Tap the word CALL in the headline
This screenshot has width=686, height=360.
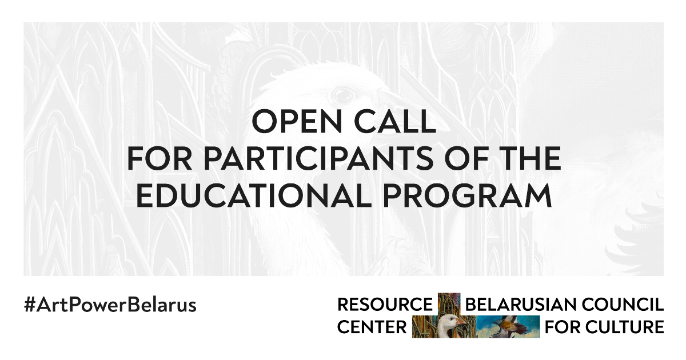click(395, 121)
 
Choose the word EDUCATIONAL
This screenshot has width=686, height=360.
click(254, 195)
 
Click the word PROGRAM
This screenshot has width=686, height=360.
click(468, 195)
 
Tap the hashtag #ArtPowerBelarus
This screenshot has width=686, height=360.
click(110, 305)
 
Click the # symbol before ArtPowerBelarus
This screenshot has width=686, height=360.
click(29, 305)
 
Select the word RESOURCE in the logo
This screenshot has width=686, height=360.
click(385, 305)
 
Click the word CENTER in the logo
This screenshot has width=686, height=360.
click(372, 327)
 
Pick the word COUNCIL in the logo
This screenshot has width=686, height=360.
click(623, 305)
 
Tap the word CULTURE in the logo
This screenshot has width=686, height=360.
click(625, 327)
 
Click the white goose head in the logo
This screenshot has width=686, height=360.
click(446, 325)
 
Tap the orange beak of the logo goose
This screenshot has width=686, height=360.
click(461, 322)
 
